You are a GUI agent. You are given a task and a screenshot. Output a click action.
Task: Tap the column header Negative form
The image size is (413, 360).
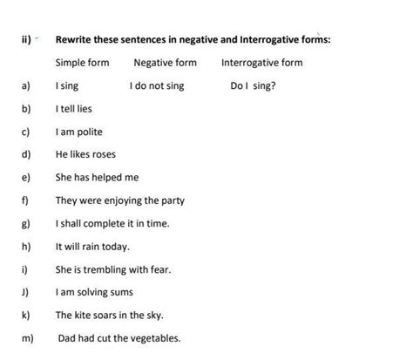(x=165, y=63)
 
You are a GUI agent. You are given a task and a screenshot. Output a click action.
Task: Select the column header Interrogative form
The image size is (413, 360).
(x=261, y=63)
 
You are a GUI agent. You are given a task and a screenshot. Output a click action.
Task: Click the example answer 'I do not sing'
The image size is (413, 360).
(x=156, y=86)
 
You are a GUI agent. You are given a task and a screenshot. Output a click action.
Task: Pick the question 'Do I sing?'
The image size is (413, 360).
(x=253, y=86)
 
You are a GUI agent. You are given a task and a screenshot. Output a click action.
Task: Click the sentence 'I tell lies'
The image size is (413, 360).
(x=73, y=109)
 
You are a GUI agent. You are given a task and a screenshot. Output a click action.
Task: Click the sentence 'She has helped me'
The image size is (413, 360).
(x=97, y=178)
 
